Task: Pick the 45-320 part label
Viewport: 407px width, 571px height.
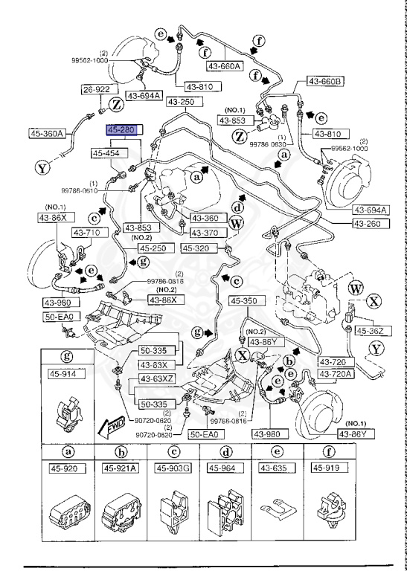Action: [199, 249]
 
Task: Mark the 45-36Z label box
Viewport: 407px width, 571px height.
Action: [370, 330]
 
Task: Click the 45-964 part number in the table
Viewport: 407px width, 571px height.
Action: [225, 468]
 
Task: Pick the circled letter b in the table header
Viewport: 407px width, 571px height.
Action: [121, 451]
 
